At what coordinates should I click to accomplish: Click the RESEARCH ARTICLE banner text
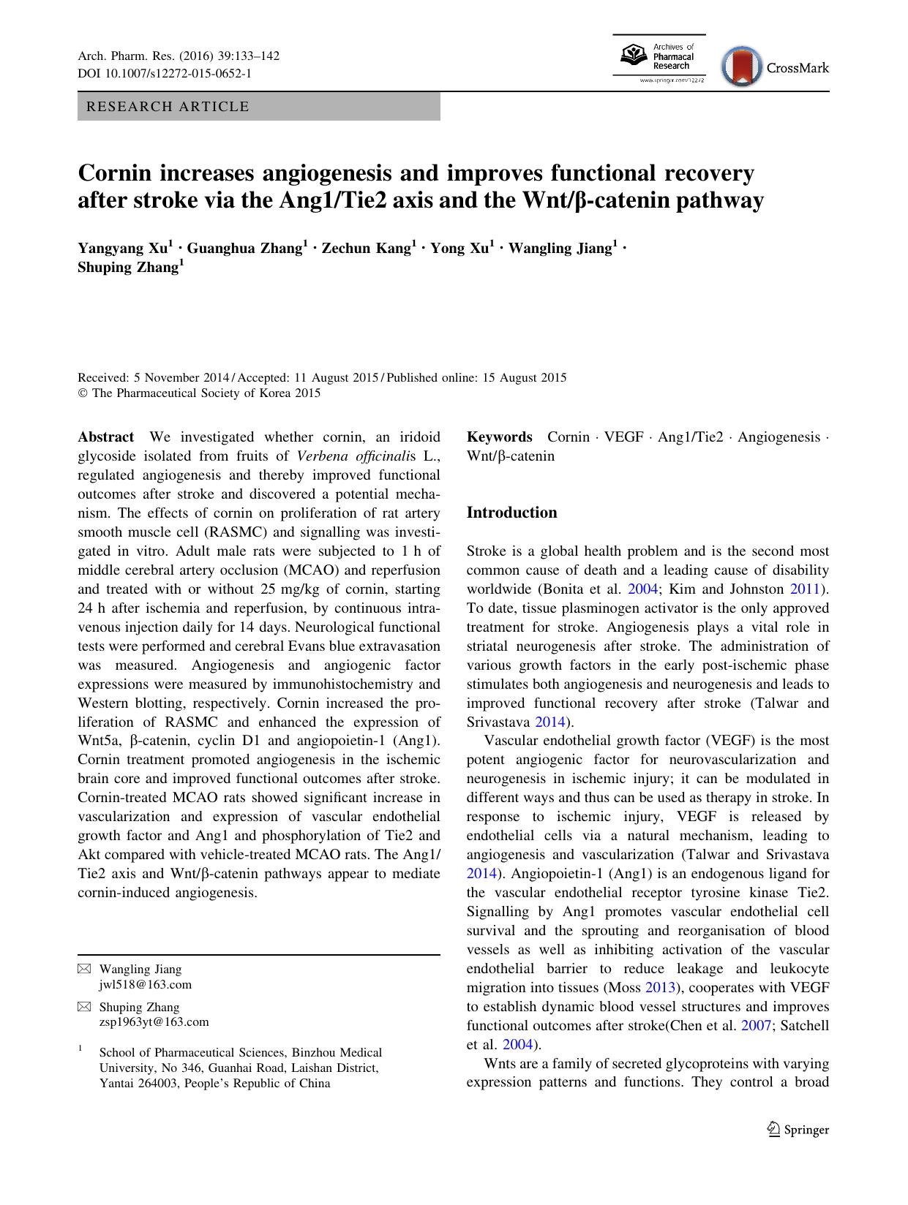coord(168,107)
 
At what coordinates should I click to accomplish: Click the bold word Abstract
coord(105,437)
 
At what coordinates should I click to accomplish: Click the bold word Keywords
coord(499,437)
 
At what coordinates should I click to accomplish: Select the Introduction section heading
coord(511,513)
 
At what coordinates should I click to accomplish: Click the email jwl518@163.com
coord(145,984)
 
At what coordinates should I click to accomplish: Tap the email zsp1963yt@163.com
coord(154,1022)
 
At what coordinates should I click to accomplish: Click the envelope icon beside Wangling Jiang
coord(85,970)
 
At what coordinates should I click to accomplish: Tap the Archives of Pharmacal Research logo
coord(659,59)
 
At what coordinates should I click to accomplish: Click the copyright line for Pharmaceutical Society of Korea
coord(199,393)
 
